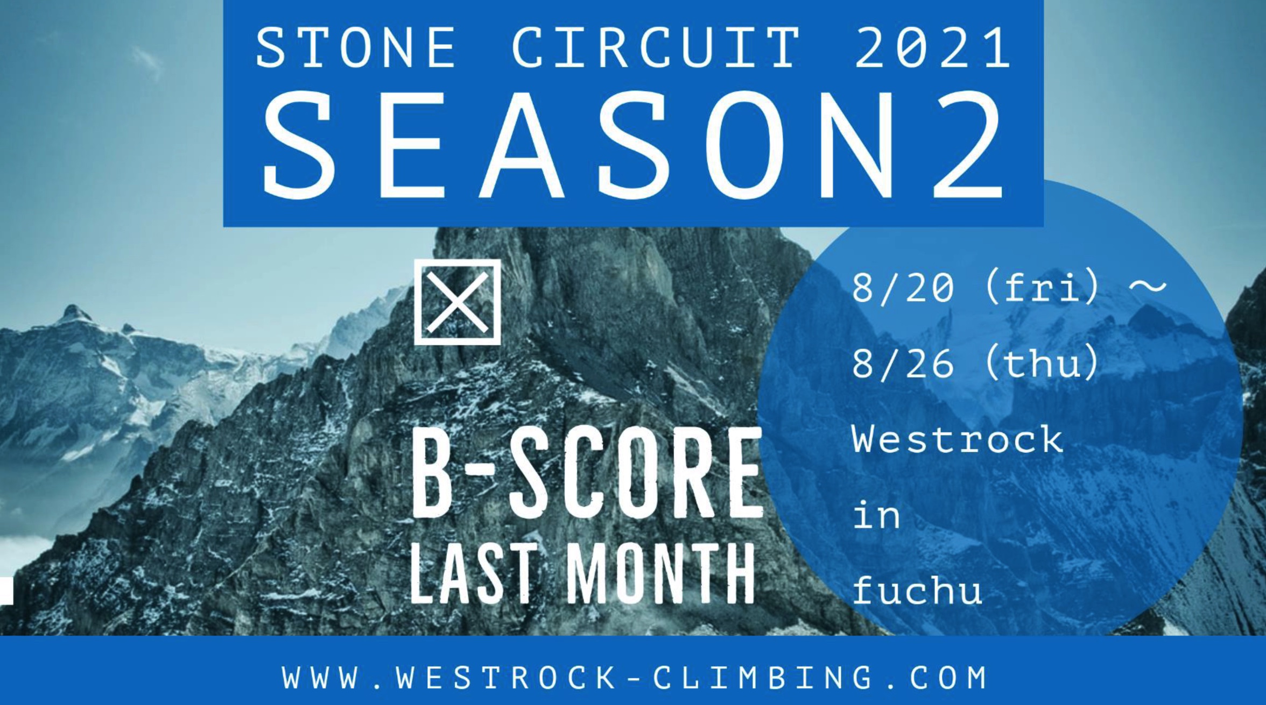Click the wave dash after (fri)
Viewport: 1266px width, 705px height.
(x=1147, y=287)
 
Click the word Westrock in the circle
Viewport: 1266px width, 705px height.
(x=958, y=439)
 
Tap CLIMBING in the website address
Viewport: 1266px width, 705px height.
(x=763, y=678)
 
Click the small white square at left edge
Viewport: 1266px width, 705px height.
(x=6, y=592)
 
